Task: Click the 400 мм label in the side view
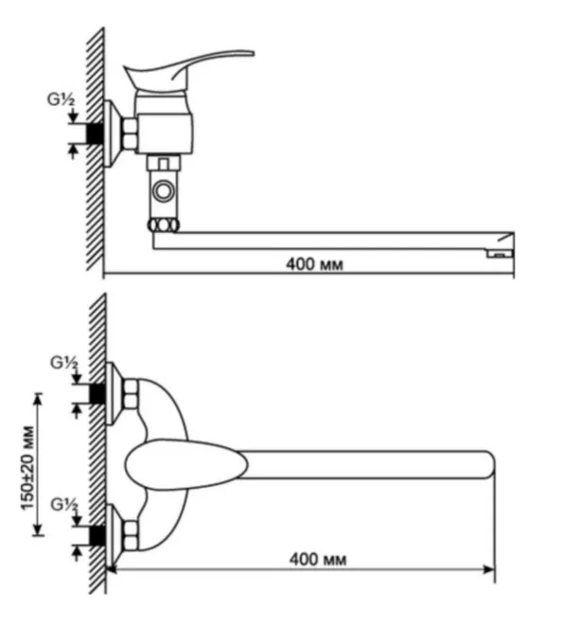click(x=314, y=264)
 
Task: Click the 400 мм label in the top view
click(x=318, y=559)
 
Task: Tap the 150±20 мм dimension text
click(x=27, y=468)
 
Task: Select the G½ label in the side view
click(x=62, y=99)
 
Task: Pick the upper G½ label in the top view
click(x=64, y=363)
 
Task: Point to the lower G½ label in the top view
click(x=64, y=505)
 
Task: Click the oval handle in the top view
click(x=186, y=464)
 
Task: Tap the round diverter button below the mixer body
click(x=164, y=191)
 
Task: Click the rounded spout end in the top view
click(x=489, y=464)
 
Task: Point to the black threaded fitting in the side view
click(x=96, y=133)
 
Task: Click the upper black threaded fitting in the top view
click(x=97, y=393)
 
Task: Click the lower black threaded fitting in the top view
click(x=97, y=535)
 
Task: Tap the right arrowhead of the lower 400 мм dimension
click(x=489, y=569)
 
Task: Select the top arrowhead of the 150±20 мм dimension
click(x=38, y=399)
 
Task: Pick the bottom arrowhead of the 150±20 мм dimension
click(x=38, y=529)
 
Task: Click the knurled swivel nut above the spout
click(x=164, y=225)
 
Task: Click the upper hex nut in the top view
click(x=131, y=394)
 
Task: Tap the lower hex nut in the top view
click(x=131, y=535)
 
